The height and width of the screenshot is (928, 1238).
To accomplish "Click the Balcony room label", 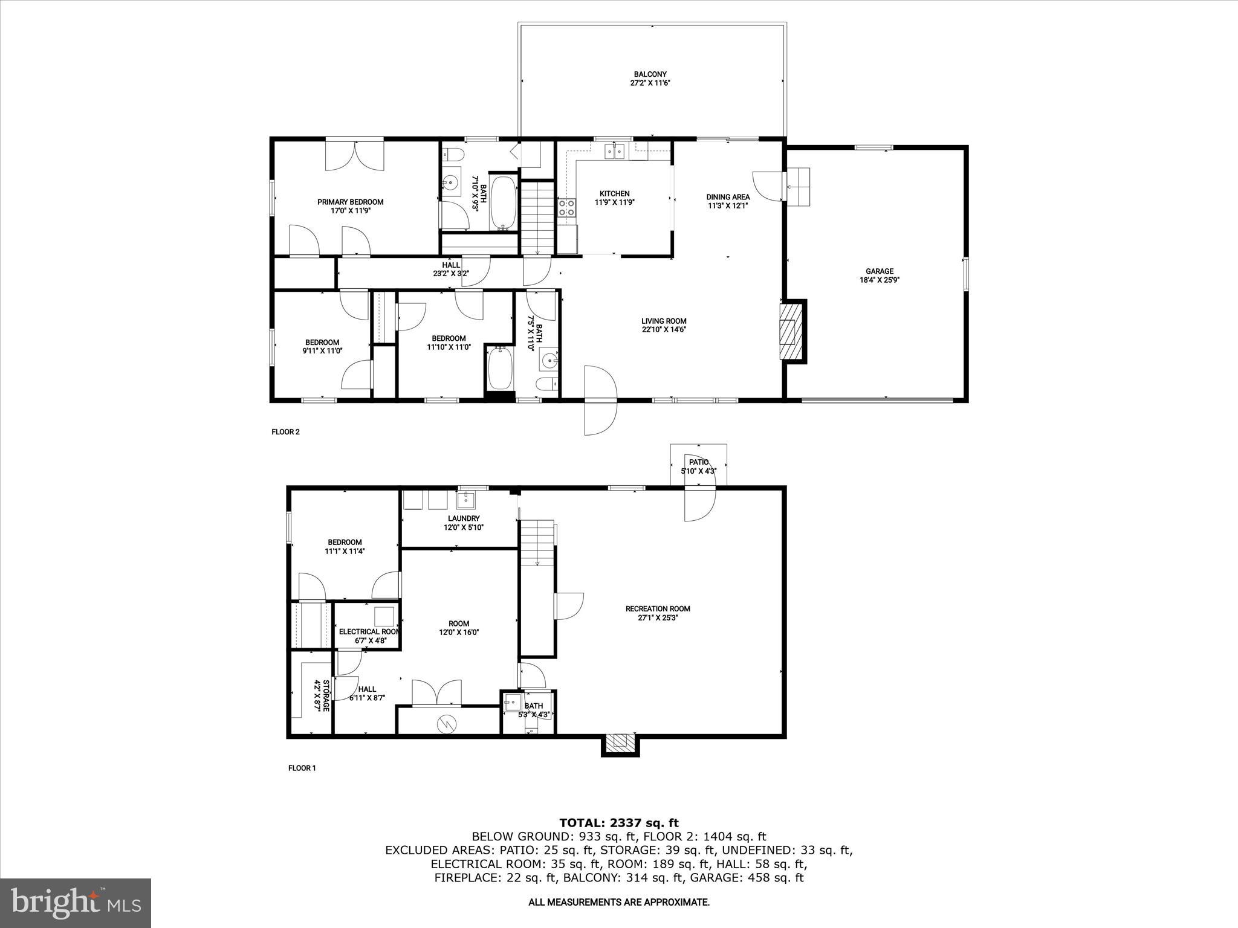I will click(650, 74).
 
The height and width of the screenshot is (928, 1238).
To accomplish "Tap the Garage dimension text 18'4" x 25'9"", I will click(880, 280).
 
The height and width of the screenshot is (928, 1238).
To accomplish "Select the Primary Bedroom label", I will click(350, 202).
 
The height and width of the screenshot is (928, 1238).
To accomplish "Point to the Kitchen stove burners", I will click(567, 208).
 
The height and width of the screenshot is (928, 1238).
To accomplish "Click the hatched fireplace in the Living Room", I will click(789, 332).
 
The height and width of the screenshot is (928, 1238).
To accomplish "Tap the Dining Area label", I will click(728, 197).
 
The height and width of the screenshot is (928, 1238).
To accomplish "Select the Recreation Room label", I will click(657, 609).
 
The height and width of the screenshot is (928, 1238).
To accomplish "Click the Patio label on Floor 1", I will click(698, 462).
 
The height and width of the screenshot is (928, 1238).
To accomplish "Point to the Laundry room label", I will click(464, 518).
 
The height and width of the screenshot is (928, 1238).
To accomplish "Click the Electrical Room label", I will click(369, 632).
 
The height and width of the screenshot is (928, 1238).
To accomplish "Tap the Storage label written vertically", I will click(326, 695).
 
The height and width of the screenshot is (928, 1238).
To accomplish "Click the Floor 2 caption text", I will click(285, 432).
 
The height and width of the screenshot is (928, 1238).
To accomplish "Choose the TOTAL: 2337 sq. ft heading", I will click(618, 823).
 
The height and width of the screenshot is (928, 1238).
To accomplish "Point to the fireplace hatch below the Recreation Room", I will click(620, 744).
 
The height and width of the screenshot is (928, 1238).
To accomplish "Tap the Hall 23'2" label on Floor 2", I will click(450, 265).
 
